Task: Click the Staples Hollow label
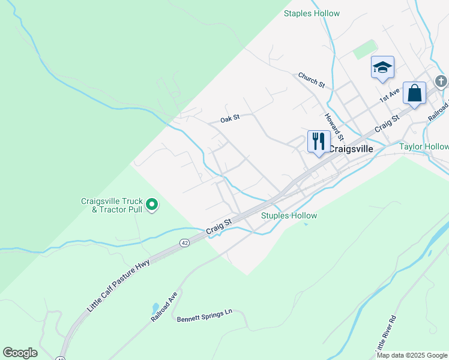click(x=312, y=13)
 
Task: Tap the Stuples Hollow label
click(x=289, y=215)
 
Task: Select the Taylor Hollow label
click(x=424, y=146)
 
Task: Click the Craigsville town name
click(x=351, y=149)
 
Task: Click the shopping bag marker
click(x=414, y=93)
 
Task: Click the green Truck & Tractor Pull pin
click(x=152, y=205)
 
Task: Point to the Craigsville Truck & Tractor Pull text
click(x=113, y=205)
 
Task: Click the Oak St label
click(x=229, y=118)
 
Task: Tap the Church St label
click(x=312, y=80)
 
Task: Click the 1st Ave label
click(x=388, y=96)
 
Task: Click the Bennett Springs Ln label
click(x=204, y=318)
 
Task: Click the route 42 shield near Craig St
click(x=185, y=242)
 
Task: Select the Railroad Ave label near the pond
click(x=164, y=308)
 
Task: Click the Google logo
click(x=20, y=353)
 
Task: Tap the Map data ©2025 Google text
click(x=412, y=355)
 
